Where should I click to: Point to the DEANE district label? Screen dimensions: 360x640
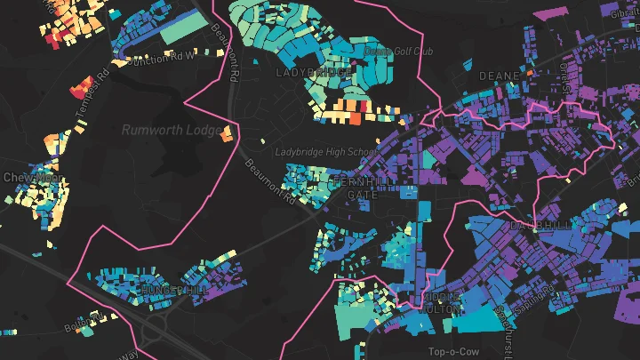[x=499, y=76]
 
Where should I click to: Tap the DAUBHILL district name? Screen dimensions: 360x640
[x=541, y=226]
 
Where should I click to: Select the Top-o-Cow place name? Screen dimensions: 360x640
[x=447, y=351]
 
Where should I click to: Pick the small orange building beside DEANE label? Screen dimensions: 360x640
[x=531, y=71]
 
